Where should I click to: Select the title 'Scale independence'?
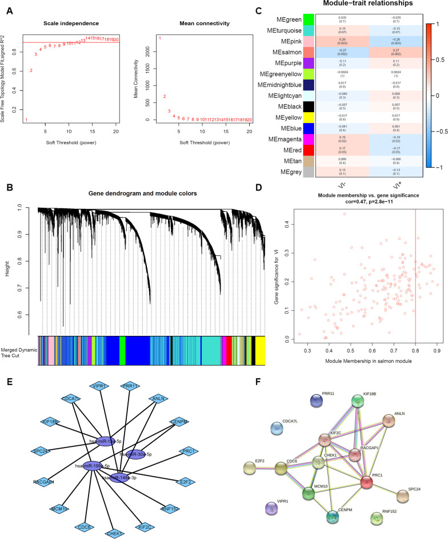click(64, 23)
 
